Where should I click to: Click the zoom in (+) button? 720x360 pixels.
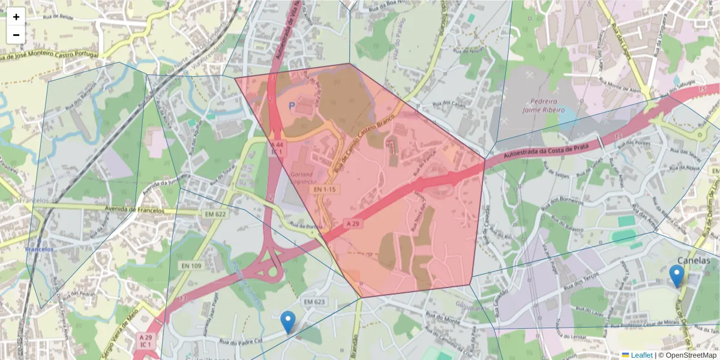point(16,17)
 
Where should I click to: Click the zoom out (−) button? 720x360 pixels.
point(16,35)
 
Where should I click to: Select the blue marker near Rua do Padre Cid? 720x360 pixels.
point(288,322)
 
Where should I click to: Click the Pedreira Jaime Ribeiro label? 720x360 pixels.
point(544,106)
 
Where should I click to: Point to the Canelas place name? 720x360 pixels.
point(693,260)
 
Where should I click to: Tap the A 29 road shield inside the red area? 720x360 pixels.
point(353,223)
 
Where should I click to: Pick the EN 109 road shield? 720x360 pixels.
point(191,265)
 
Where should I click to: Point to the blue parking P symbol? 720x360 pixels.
point(292,106)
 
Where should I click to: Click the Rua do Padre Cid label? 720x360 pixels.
point(241,343)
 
